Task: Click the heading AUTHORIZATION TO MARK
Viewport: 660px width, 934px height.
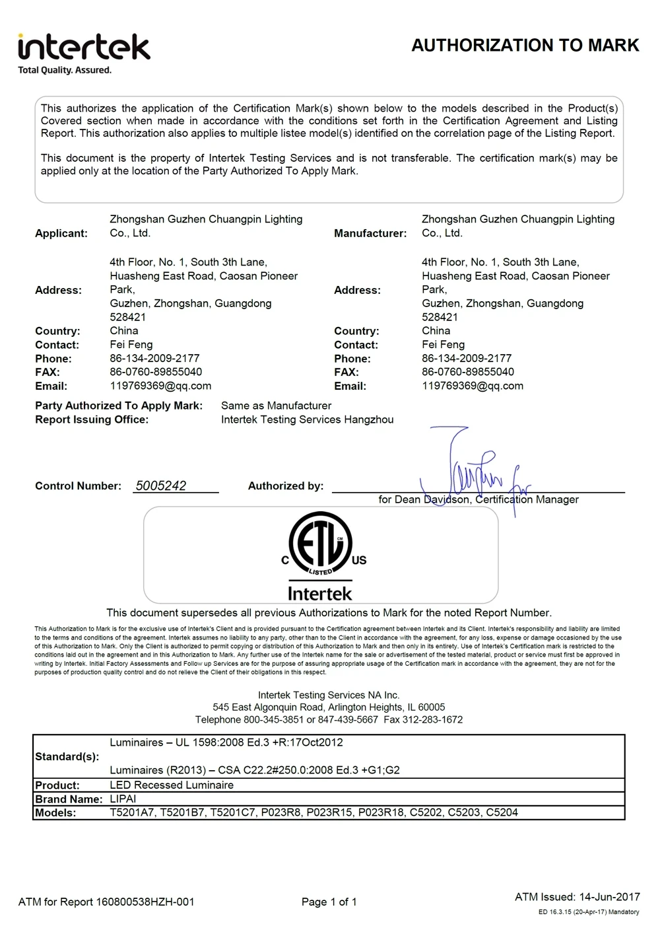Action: click(x=525, y=46)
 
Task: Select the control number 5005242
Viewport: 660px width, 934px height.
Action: click(x=161, y=485)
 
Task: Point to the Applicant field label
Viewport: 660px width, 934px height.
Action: click(x=61, y=233)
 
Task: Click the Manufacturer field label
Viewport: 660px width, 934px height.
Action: click(x=370, y=233)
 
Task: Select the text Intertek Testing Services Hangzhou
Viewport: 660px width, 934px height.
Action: click(x=307, y=419)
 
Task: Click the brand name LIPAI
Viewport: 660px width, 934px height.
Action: click(x=123, y=799)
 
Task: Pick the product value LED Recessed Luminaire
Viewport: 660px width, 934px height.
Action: click(x=172, y=785)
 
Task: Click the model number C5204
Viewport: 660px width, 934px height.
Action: click(x=502, y=812)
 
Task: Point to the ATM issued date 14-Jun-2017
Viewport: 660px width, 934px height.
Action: click(x=609, y=896)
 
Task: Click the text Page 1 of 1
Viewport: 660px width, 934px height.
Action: click(x=329, y=902)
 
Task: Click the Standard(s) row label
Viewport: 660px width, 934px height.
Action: click(x=67, y=756)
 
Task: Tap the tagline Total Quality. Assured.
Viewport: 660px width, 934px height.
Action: click(x=65, y=70)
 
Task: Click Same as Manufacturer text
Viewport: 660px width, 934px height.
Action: click(x=276, y=406)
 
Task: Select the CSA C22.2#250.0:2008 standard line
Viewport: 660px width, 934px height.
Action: click(x=254, y=770)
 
